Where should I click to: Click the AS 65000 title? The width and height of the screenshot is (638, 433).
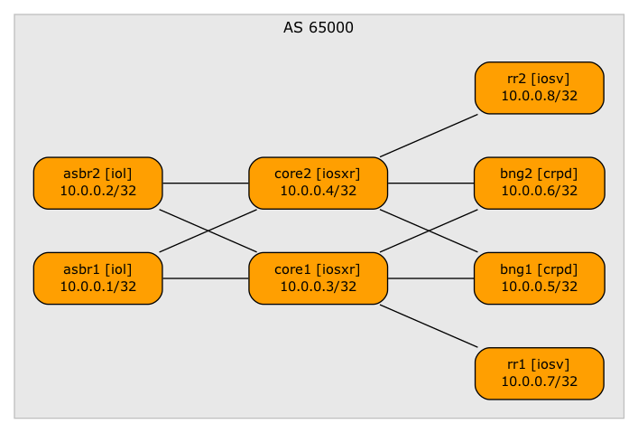(x=319, y=28)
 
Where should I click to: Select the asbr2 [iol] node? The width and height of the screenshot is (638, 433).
(x=97, y=183)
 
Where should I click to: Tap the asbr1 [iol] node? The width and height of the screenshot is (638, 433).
(x=97, y=278)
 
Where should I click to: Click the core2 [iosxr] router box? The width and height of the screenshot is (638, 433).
(x=318, y=183)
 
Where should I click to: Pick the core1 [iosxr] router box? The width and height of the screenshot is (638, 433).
(x=318, y=278)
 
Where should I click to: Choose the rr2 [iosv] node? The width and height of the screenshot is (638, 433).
(x=539, y=88)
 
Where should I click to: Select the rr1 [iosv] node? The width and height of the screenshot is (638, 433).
(x=539, y=373)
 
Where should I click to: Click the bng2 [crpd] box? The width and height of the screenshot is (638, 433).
(x=539, y=183)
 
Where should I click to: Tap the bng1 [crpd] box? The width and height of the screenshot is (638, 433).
(x=539, y=278)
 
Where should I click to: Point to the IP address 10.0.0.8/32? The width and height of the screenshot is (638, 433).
(x=539, y=97)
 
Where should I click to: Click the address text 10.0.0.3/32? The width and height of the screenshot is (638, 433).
(x=318, y=287)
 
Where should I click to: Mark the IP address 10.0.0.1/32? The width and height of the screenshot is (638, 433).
(x=97, y=287)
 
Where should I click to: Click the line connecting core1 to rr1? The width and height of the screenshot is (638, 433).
(x=428, y=325)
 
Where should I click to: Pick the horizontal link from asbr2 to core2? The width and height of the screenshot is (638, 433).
(x=206, y=184)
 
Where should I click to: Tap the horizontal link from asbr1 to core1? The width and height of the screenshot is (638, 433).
(x=206, y=278)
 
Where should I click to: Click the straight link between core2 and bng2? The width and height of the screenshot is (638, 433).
(x=431, y=184)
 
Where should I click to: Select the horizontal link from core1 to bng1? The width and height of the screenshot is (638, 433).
(x=431, y=278)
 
